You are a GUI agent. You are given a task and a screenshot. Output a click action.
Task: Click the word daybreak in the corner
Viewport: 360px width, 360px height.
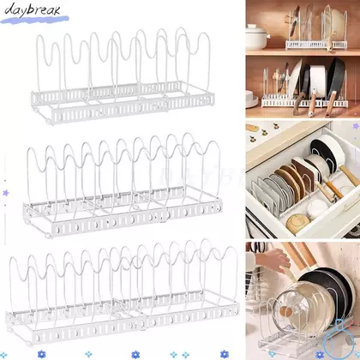pos(33,9)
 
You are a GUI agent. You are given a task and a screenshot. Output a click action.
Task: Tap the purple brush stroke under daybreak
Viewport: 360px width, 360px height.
pos(34,20)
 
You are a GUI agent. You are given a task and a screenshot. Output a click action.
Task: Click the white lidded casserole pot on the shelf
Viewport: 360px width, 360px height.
pos(257,37)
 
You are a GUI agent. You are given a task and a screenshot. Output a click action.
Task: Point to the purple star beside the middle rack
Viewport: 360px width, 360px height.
pos(5,193)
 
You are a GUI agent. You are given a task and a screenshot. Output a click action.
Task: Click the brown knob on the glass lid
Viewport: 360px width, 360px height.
pos(285,311)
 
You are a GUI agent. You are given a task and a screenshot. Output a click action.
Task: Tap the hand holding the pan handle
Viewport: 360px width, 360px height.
pos(273,260)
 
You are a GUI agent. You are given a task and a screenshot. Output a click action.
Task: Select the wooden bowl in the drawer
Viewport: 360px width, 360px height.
pos(298,224)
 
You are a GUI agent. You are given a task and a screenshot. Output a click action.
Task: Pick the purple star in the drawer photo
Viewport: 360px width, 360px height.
pos(356,126)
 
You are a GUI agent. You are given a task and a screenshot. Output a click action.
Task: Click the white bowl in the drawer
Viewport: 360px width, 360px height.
pos(317,209)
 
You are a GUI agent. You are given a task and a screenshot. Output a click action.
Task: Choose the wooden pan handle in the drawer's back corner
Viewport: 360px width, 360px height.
pos(349,175)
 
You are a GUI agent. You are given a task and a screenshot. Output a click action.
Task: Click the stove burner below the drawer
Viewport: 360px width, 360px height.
pos(354,231)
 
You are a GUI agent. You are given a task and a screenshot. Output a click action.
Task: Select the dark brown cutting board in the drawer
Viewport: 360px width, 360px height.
pos(303,175)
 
